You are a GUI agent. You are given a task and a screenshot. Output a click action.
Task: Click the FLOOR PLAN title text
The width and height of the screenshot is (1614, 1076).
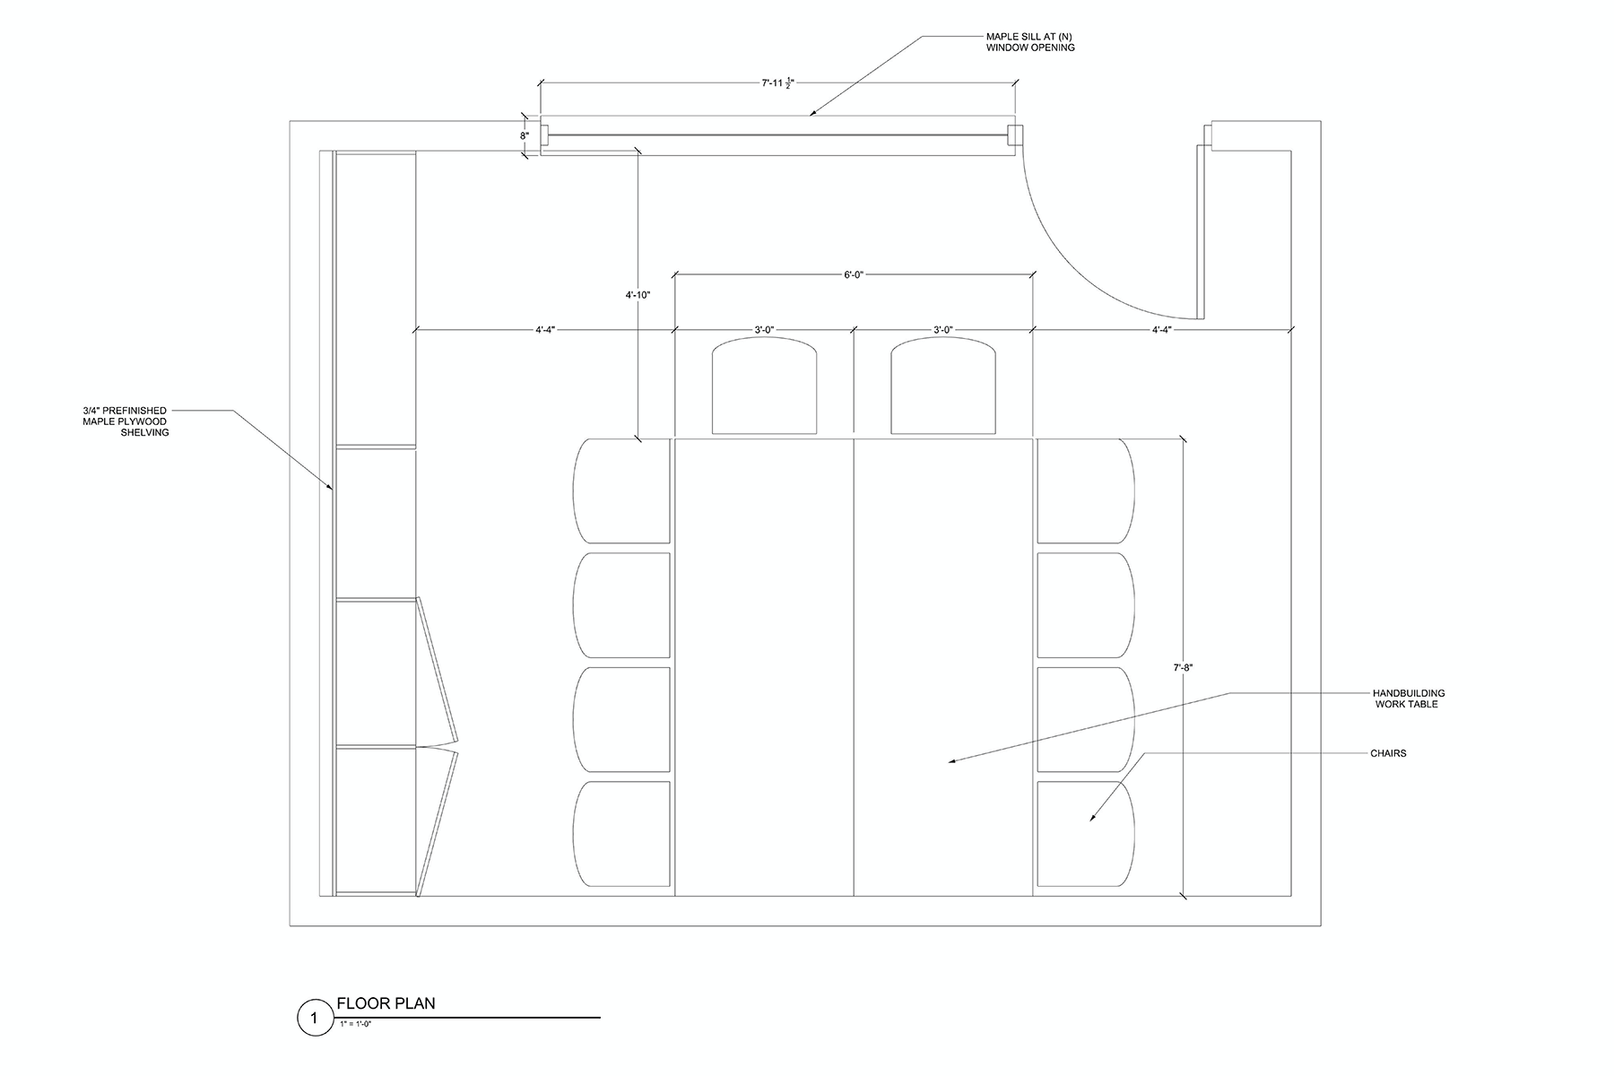click(386, 1003)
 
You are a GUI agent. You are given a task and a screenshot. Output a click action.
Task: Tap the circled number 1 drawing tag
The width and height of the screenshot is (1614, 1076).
click(314, 1019)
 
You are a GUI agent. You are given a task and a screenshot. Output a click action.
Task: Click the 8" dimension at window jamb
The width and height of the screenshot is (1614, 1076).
click(525, 136)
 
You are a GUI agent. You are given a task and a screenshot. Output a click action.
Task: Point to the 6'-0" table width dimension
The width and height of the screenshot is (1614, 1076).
click(853, 275)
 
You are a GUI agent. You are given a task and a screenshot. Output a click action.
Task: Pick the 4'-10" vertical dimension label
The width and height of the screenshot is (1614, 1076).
click(638, 295)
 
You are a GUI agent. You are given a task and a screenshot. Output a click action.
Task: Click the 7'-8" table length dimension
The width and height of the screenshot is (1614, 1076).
click(1184, 667)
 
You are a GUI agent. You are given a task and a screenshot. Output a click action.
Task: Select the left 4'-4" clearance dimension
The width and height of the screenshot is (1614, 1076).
click(545, 330)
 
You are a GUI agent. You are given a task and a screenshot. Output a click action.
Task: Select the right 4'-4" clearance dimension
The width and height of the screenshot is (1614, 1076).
click(1162, 330)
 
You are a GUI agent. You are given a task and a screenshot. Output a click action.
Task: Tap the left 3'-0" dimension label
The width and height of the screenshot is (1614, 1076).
click(764, 330)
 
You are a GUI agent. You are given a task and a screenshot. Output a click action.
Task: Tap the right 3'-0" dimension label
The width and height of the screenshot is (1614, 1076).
click(942, 330)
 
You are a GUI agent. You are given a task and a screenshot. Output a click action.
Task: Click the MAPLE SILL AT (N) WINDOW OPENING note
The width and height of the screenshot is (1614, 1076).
click(1029, 42)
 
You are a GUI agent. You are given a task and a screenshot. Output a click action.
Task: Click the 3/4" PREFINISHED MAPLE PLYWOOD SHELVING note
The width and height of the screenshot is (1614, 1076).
click(126, 421)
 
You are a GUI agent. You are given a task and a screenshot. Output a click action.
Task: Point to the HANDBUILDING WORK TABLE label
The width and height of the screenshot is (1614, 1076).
click(1409, 699)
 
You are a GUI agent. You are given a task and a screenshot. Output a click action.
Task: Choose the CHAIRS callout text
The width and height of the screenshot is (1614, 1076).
click(1388, 753)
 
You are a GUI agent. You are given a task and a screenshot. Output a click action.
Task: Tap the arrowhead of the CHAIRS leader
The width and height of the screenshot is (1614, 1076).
click(1092, 819)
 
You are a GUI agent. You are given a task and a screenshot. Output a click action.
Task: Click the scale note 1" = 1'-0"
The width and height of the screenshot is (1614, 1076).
click(355, 1023)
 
